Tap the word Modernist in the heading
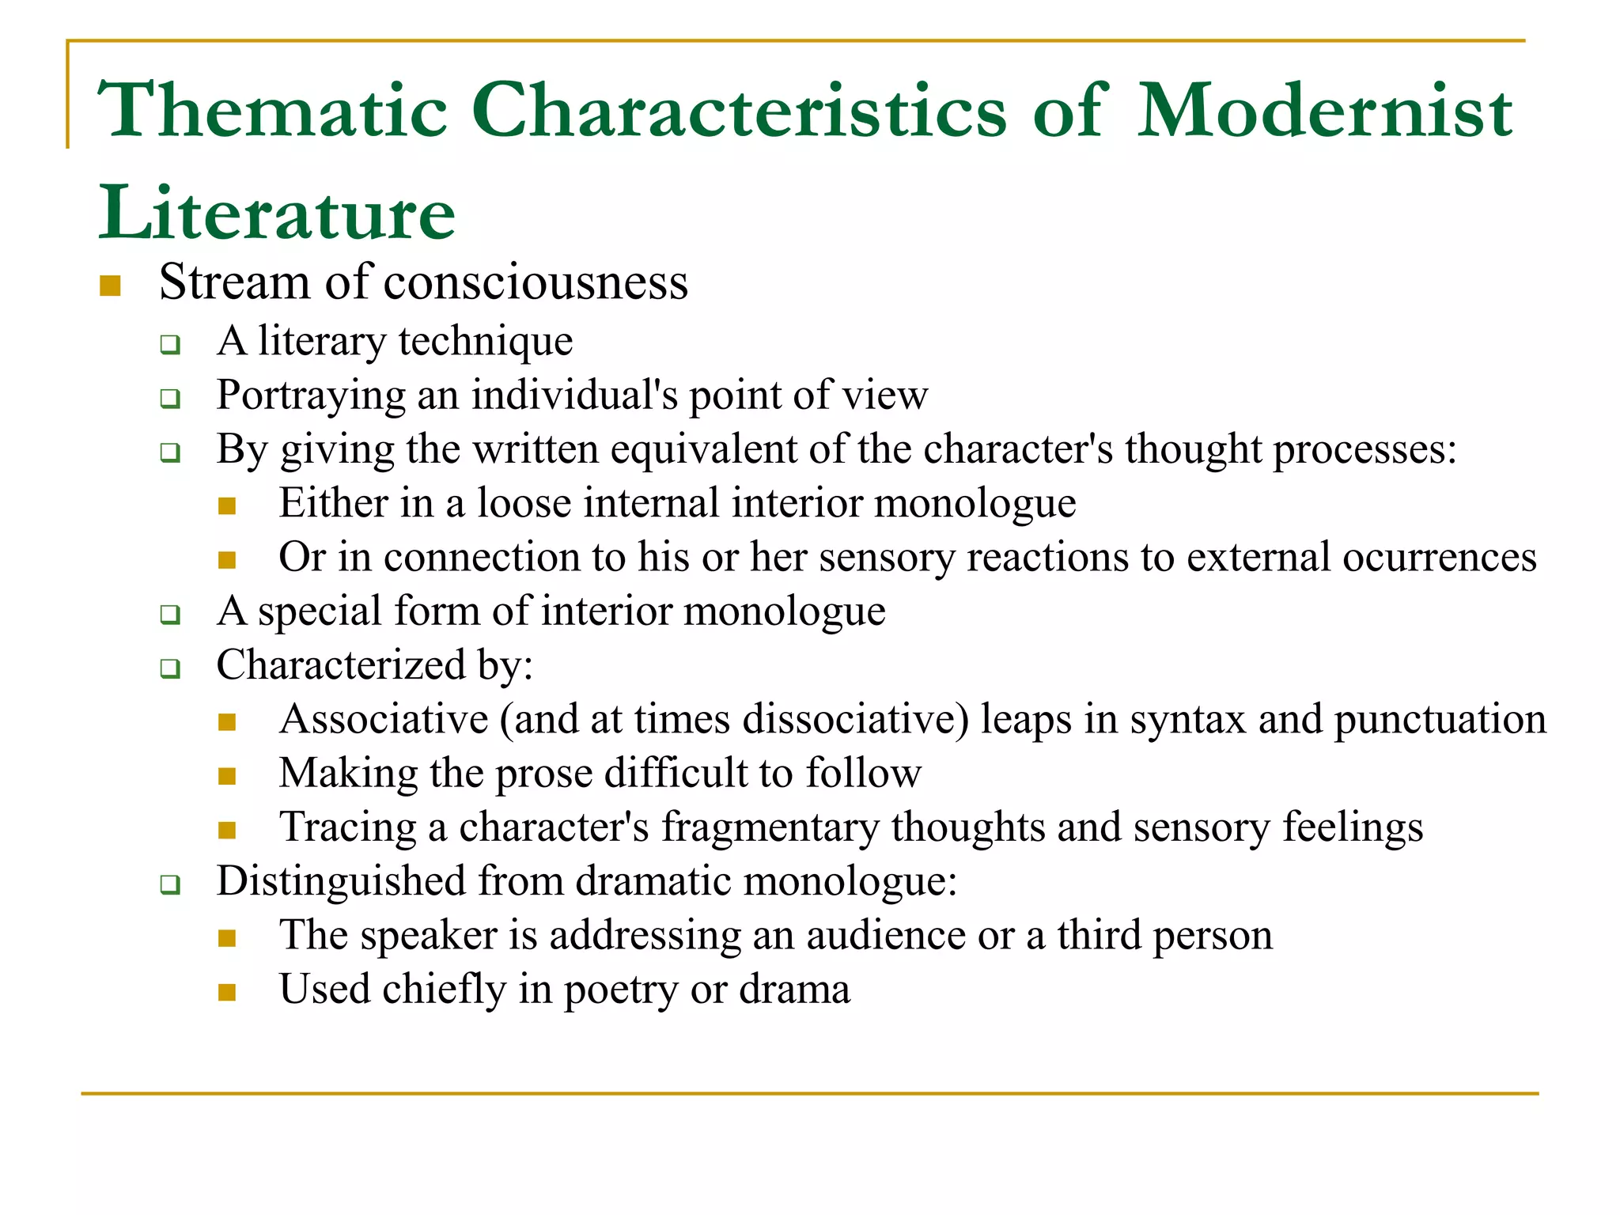(x=1324, y=111)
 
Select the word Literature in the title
(x=277, y=214)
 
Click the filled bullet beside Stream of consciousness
(x=110, y=286)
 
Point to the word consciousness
(x=536, y=282)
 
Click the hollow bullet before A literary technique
(x=170, y=345)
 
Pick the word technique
(x=486, y=343)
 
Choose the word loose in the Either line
(x=524, y=503)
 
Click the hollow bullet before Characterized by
(x=170, y=668)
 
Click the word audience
(x=886, y=935)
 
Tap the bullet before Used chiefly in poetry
(x=227, y=993)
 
